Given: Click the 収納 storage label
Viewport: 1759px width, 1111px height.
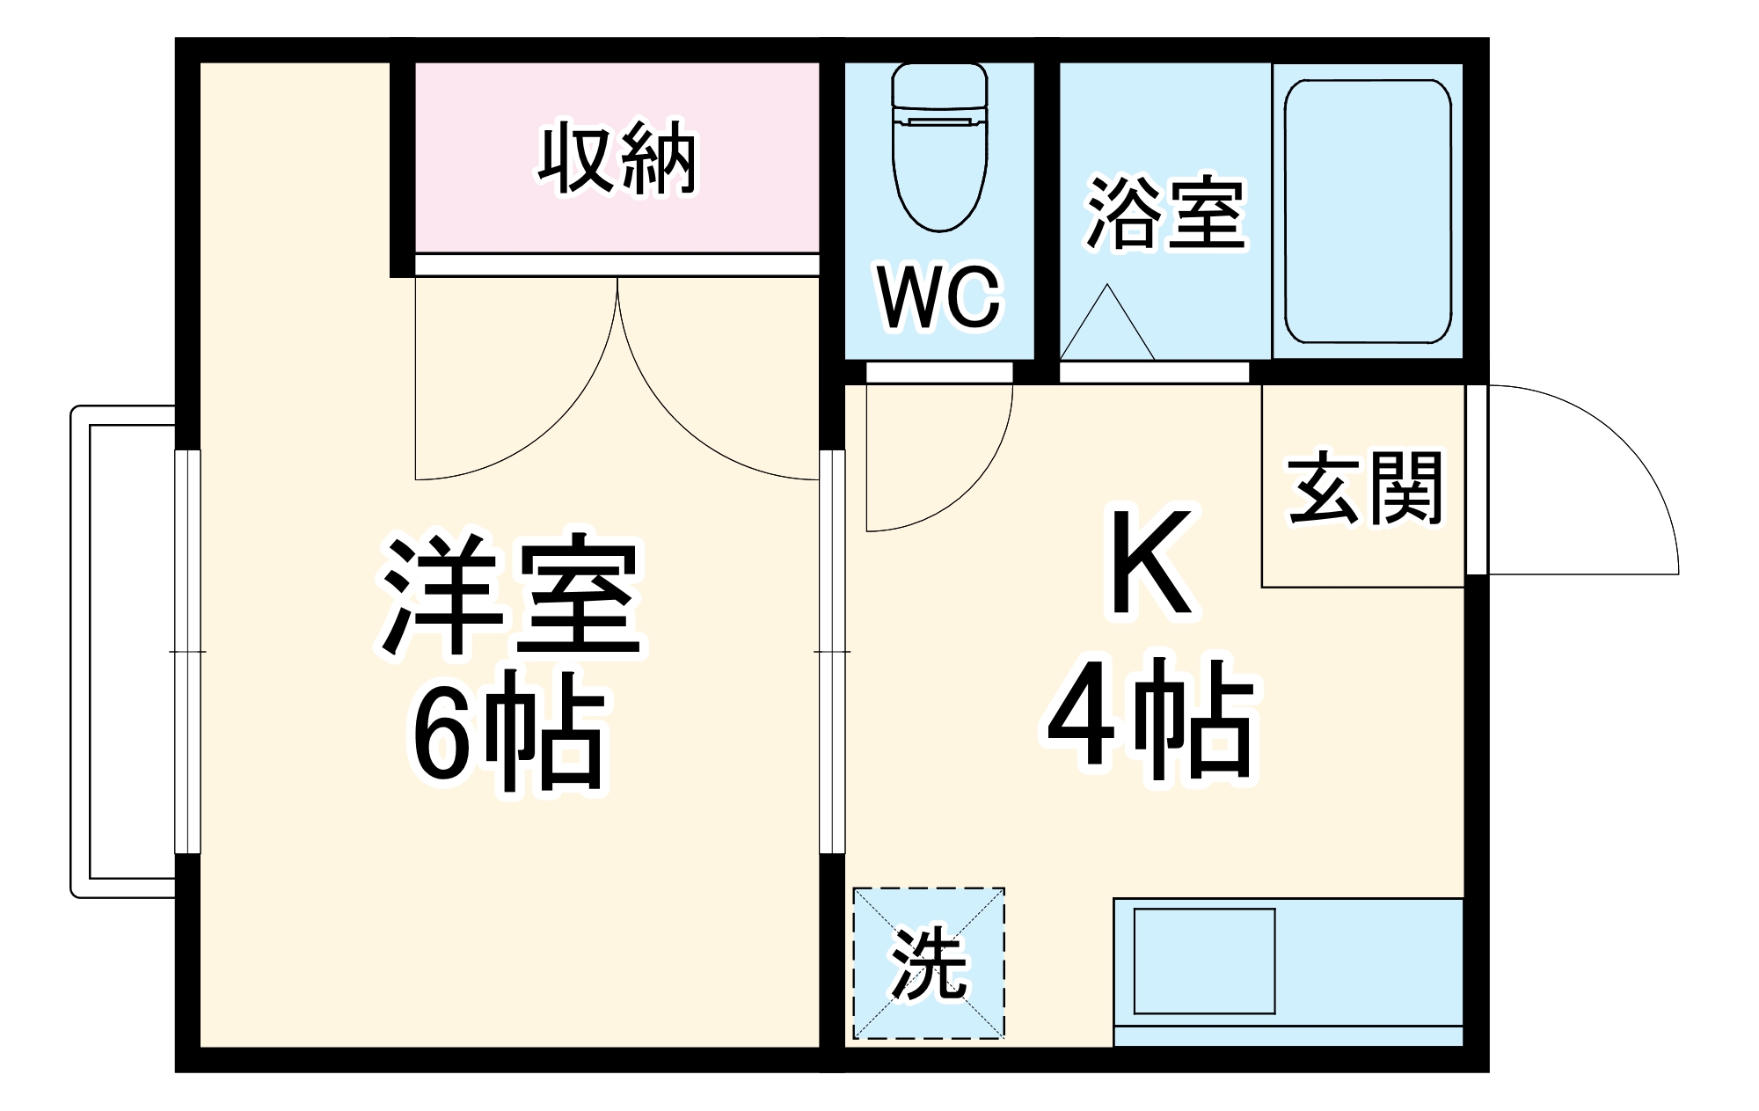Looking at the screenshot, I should pyautogui.click(x=617, y=160).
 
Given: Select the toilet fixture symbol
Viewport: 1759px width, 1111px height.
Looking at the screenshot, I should pyautogui.click(x=939, y=145).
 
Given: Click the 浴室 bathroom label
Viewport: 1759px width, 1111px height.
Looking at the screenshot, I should pyautogui.click(x=1165, y=213).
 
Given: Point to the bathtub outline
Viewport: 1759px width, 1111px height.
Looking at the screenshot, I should pyautogui.click(x=1367, y=211).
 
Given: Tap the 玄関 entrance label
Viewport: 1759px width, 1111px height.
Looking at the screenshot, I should pyautogui.click(x=1365, y=488).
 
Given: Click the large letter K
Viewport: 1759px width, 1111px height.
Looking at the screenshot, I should pyautogui.click(x=1150, y=563).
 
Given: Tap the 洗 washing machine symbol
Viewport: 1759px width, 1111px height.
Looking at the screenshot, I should pyautogui.click(x=929, y=963).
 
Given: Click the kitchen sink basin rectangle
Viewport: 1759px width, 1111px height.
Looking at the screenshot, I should pyautogui.click(x=1203, y=961).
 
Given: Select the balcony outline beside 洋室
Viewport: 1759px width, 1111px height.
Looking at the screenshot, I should pyautogui.click(x=123, y=651).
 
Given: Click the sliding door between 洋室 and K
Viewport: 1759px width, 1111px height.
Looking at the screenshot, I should pyautogui.click(x=832, y=651).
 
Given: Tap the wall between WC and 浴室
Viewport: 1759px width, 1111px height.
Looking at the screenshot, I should pyautogui.click(x=1047, y=211).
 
